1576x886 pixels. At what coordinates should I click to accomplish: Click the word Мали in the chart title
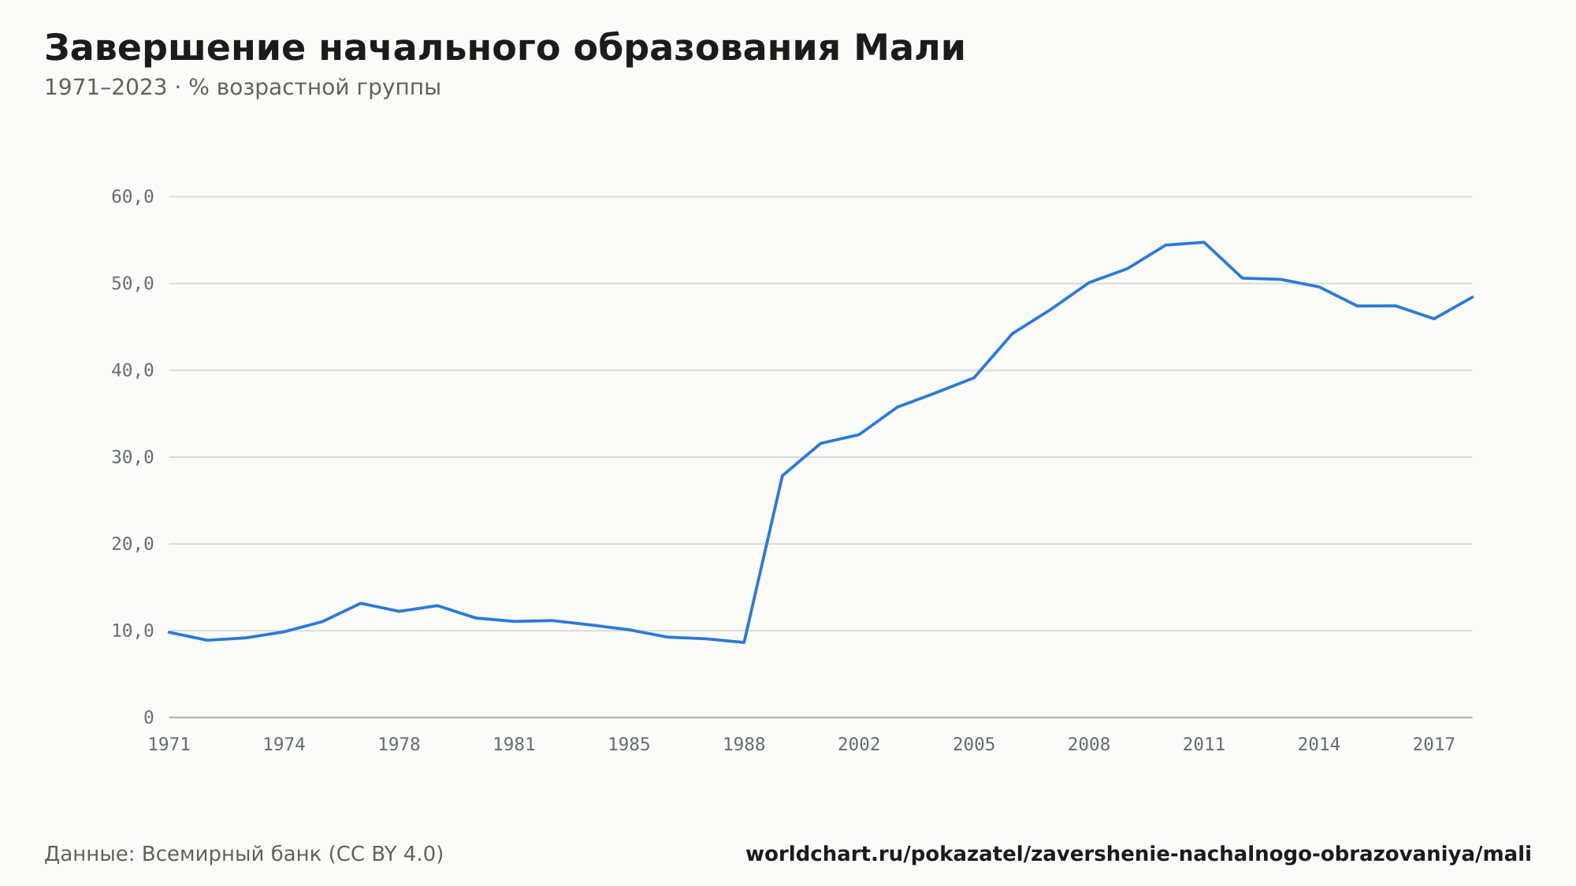pyautogui.click(x=909, y=48)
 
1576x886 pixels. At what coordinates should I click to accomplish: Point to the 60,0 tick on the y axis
pyautogui.click(x=132, y=197)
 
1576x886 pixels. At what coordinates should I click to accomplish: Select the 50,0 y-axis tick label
pyautogui.click(x=132, y=284)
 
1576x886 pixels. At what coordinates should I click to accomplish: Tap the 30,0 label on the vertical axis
pyautogui.click(x=132, y=457)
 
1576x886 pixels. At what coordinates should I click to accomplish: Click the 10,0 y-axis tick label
pyautogui.click(x=132, y=631)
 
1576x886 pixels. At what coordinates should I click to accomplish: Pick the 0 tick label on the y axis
pyautogui.click(x=149, y=717)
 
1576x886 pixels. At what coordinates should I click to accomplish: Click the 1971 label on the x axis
pyautogui.click(x=169, y=745)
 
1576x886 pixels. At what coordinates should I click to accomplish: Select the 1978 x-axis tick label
pyautogui.click(x=400, y=745)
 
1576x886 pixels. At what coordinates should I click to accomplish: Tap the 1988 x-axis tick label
pyautogui.click(x=744, y=745)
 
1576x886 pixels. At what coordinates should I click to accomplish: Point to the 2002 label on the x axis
pyautogui.click(x=859, y=745)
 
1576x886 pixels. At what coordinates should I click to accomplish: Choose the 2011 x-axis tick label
pyautogui.click(x=1204, y=745)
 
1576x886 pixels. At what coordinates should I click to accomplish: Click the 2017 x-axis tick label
pyautogui.click(x=1434, y=745)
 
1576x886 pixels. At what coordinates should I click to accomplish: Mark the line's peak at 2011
pyautogui.click(x=1204, y=242)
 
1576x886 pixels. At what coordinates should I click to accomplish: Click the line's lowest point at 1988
pyautogui.click(x=744, y=642)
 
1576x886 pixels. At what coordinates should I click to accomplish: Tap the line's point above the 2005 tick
pyautogui.click(x=974, y=378)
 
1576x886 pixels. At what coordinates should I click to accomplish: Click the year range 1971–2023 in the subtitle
pyautogui.click(x=106, y=87)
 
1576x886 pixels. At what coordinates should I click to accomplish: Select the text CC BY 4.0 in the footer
pyautogui.click(x=386, y=854)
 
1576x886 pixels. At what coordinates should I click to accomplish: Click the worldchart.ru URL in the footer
pyautogui.click(x=1139, y=854)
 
